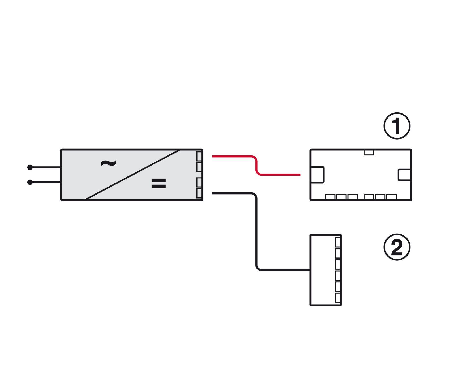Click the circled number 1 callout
[397, 126]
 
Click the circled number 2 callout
[397, 247]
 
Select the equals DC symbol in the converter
[158, 183]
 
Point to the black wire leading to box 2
[256, 231]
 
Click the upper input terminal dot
[30, 167]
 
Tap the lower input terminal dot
[30, 182]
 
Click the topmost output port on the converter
[199, 156]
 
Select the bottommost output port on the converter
[199, 193]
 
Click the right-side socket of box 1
[405, 175]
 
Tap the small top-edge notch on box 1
[369, 153]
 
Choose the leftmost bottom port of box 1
[330, 197]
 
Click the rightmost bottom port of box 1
[391, 197]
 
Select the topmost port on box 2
[338, 242]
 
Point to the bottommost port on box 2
[338, 298]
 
